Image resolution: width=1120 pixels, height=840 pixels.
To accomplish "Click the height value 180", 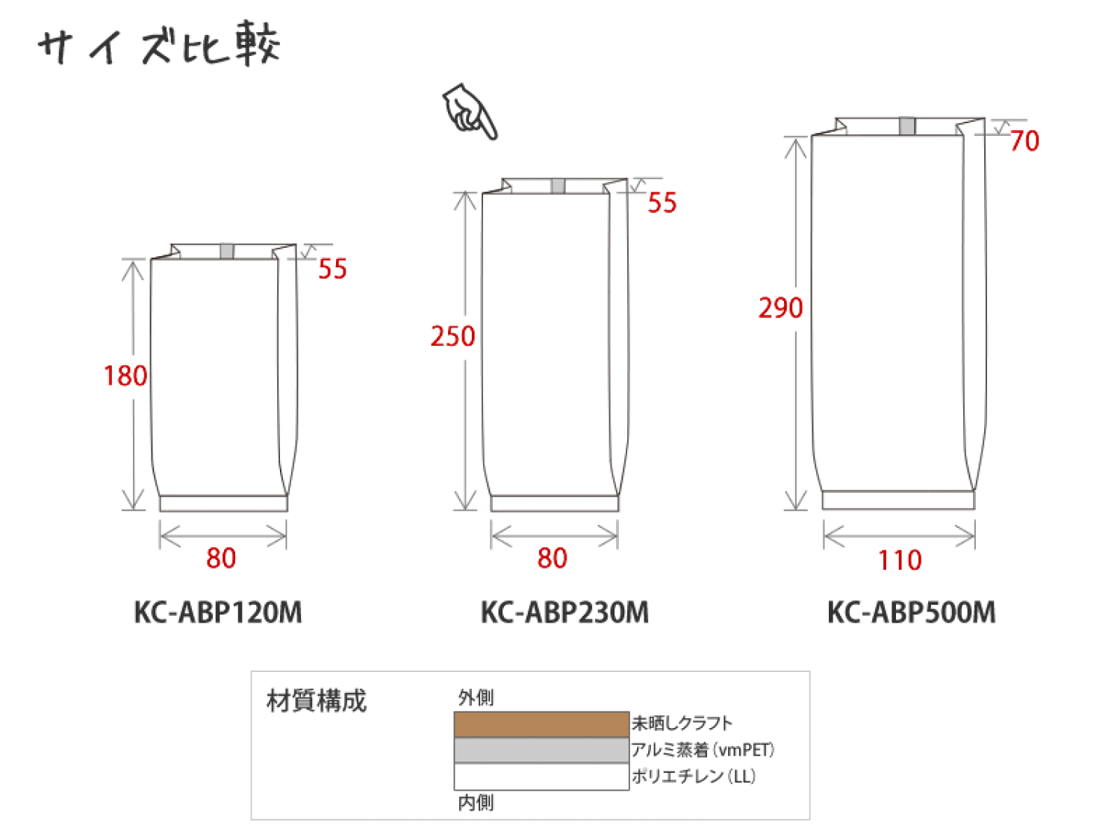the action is coord(125,376).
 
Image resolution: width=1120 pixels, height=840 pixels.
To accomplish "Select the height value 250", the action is coord(452,336).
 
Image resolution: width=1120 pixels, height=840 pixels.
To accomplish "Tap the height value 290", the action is coord(781,308).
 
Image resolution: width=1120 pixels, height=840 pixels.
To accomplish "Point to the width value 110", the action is coord(900,560).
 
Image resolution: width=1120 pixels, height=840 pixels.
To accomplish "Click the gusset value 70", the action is coord(1024,141).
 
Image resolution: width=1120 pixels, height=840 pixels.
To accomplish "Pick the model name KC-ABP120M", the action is coord(218,612).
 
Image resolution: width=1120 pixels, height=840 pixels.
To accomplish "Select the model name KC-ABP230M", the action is coord(564,612).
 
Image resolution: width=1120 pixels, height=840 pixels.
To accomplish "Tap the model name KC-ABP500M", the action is coord(912,612).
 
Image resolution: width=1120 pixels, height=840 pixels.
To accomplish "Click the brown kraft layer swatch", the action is coord(541,724).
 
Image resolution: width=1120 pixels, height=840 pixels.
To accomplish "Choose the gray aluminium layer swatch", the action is coord(541,750).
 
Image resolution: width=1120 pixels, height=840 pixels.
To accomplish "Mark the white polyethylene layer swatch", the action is coord(541,777).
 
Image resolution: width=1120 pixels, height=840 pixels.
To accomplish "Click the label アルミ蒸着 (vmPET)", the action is coord(703,750).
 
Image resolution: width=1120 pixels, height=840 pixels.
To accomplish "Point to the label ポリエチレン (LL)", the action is coord(694,777).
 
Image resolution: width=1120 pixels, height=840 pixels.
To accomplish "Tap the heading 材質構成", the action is coord(317,701).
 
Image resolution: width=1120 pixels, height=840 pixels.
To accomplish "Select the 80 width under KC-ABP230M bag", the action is coord(552,558).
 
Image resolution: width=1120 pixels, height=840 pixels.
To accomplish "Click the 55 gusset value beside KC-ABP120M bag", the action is coord(332,269).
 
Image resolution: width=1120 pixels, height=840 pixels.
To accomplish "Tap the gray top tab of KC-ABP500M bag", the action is coord(906,126).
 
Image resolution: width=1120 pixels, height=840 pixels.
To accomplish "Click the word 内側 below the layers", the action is coord(476,803).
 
